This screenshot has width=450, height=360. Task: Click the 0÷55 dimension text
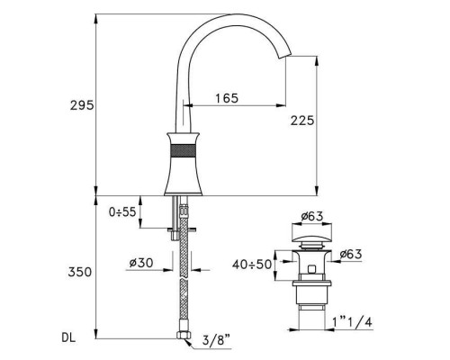click(120, 212)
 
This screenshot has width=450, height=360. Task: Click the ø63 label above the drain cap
click(312, 217)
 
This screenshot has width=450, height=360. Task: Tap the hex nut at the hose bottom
click(184, 337)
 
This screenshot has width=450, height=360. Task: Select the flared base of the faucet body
click(184, 180)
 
